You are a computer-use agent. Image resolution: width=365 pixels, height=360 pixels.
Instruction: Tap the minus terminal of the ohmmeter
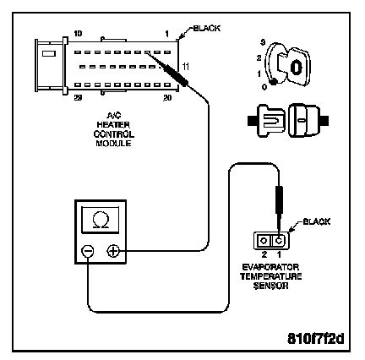(88, 251)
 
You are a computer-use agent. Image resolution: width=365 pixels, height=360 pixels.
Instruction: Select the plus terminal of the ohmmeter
(113, 251)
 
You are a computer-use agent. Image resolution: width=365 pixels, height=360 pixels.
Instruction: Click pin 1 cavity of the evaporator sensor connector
(279, 241)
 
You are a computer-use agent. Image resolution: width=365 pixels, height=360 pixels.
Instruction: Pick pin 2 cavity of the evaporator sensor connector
(264, 241)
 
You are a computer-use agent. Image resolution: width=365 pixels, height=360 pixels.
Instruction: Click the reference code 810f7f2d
(316, 338)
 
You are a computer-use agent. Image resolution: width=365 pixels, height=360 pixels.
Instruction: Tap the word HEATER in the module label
(113, 124)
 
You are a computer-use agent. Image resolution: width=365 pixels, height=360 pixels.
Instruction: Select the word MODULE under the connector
(113, 144)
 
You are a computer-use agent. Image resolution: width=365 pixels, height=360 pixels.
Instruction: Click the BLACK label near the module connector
(206, 28)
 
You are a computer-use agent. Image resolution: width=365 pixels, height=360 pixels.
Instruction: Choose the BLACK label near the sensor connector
(316, 221)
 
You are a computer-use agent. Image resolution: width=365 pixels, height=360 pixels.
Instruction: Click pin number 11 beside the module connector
(186, 67)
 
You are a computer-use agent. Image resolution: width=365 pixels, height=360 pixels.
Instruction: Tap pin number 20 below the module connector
(167, 98)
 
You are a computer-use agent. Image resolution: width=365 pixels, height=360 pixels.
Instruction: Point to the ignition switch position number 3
(263, 43)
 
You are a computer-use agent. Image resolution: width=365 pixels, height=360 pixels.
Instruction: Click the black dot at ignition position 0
(273, 82)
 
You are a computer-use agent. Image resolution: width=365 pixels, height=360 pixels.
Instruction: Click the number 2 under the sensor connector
(264, 254)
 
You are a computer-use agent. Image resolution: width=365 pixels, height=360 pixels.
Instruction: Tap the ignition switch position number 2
(259, 58)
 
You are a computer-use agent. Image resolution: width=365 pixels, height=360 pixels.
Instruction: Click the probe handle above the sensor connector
(279, 200)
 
